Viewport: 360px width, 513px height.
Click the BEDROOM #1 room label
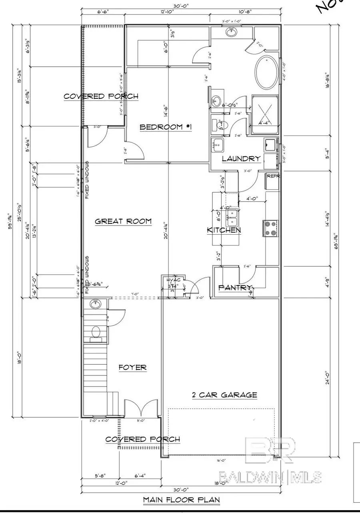pyautogui.click(x=166, y=127)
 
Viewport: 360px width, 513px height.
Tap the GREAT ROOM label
pyautogui.click(x=123, y=221)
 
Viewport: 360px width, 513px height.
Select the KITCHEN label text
pyautogui.click(x=224, y=230)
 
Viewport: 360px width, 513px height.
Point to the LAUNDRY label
pyautogui.click(x=241, y=159)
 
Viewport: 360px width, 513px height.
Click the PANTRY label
pyautogui.click(x=235, y=287)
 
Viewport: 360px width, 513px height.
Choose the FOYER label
pyautogui.click(x=132, y=367)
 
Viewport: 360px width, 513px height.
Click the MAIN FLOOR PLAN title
pyautogui.click(x=181, y=499)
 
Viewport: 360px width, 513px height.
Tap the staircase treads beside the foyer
pyautogui.click(x=95, y=368)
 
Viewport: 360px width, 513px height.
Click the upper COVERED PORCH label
pyautogui.click(x=101, y=96)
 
